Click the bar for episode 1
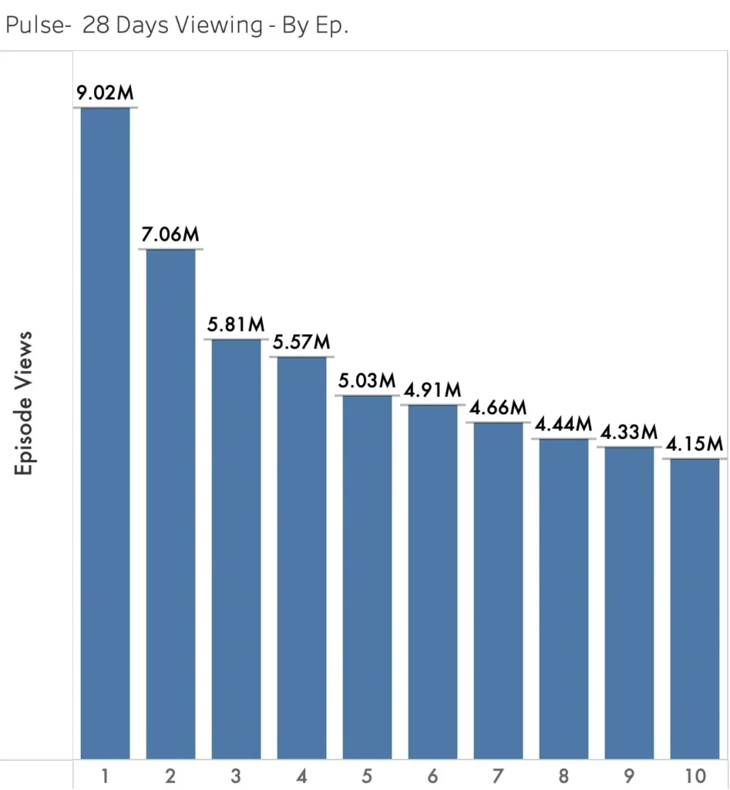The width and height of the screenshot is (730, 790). tap(105, 434)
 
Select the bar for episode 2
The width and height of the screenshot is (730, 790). tap(170, 504)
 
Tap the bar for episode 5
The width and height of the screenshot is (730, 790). tap(367, 577)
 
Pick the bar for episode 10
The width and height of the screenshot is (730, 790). tap(695, 609)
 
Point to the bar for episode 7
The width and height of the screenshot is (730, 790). tap(499, 590)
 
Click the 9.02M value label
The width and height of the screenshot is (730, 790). tap(105, 93)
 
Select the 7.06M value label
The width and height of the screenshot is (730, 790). tap(170, 235)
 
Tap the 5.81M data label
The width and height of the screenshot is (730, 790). tap(236, 325)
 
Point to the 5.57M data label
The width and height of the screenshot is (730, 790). tap(301, 342)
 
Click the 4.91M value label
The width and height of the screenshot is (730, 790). tap(432, 390)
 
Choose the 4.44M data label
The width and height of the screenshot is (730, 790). tap(563, 424)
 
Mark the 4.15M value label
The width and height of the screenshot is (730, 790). tap(695, 444)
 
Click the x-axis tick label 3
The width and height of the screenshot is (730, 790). tap(236, 776)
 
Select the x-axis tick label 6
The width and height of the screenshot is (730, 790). tap(432, 776)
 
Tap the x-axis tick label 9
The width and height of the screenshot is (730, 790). tap(629, 776)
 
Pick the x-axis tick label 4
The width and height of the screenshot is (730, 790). tap(301, 776)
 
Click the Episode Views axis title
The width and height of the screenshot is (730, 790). tap(23, 403)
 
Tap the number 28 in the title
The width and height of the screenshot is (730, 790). tap(96, 25)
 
